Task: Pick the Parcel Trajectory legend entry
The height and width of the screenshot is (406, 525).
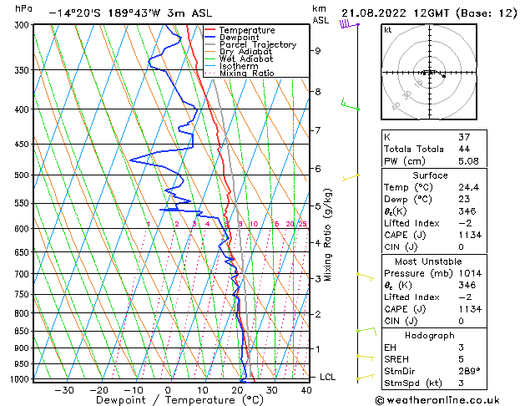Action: tap(257, 45)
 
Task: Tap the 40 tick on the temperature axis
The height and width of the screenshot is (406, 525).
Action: tap(307, 390)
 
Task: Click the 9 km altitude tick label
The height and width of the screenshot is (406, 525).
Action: tap(317, 51)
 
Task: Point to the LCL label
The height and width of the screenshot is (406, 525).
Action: tap(328, 377)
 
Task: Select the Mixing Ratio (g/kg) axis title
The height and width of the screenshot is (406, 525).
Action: tap(329, 235)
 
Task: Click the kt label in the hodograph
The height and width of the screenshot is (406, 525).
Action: tap(388, 30)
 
